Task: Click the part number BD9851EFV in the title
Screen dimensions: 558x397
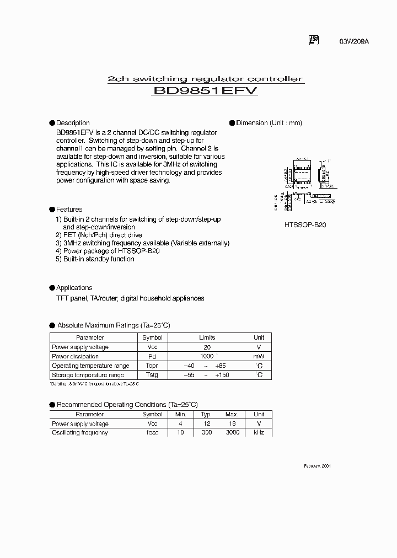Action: coord(205,92)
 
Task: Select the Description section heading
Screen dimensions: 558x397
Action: coord(73,123)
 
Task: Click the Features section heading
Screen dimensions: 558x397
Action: coord(69,210)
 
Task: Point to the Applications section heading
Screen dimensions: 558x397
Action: coord(74,288)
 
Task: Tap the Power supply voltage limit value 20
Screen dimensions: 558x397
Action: coord(207,347)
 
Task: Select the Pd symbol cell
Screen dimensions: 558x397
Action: coord(152,357)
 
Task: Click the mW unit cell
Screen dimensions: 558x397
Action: coord(259,357)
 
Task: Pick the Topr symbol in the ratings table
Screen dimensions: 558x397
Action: coord(152,366)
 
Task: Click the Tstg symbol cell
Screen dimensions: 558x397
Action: coord(152,375)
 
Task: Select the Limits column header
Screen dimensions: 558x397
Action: coord(207,337)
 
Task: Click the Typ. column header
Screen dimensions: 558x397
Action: coord(206,414)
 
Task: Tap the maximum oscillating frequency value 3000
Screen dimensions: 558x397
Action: coord(232,433)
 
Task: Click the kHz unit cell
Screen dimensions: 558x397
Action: coord(259,433)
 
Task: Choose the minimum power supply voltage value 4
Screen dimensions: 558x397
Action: coord(181,423)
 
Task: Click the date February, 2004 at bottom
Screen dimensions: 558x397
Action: coord(318,466)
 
